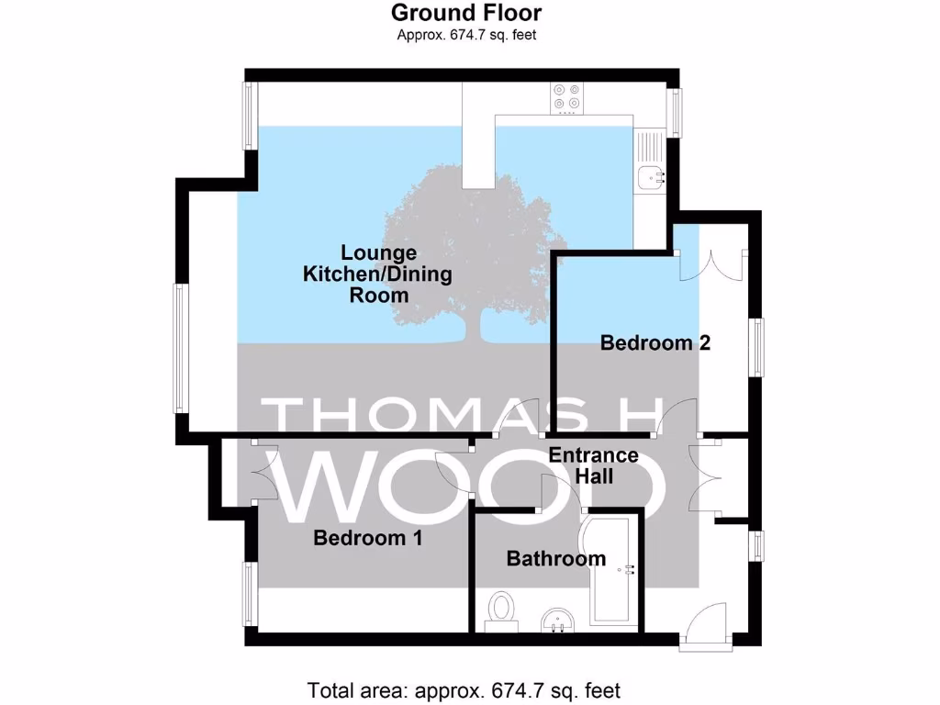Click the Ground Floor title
(x=465, y=13)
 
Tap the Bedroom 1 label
(x=367, y=538)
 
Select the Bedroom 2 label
(x=655, y=343)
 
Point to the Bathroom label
(x=555, y=558)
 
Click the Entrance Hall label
(x=592, y=465)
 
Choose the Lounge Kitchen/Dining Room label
(x=378, y=274)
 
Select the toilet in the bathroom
(x=501, y=610)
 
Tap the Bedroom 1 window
(x=248, y=595)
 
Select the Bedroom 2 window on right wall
(x=756, y=347)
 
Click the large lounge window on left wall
(x=181, y=348)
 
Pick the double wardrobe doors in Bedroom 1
(x=261, y=472)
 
